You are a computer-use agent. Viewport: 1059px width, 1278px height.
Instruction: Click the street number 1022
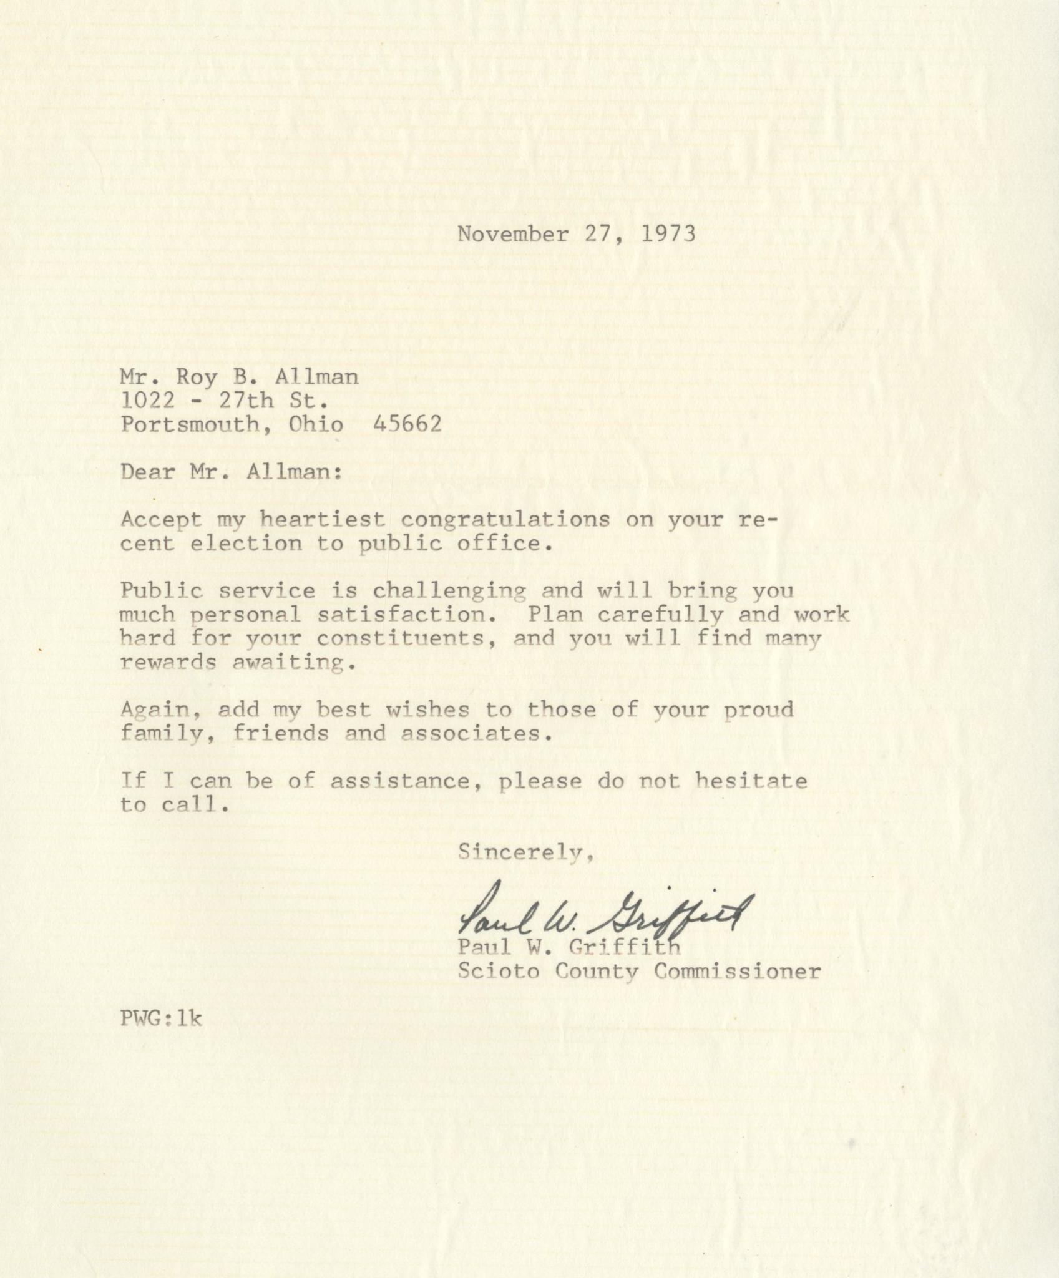pyautogui.click(x=148, y=401)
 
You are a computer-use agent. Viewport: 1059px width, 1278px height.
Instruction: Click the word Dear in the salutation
pyautogui.click(x=148, y=472)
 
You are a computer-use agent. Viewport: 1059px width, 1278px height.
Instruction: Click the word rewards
pyautogui.click(x=168, y=662)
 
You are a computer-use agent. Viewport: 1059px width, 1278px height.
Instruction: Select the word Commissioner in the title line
pyautogui.click(x=738, y=972)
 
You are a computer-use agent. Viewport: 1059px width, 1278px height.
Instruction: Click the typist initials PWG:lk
pyautogui.click(x=162, y=1018)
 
